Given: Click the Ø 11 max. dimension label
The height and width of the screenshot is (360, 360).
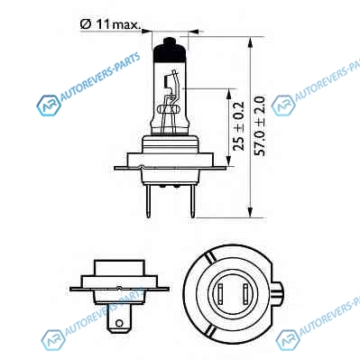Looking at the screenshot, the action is click(110, 24).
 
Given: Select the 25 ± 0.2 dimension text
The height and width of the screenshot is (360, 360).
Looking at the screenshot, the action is click(239, 126).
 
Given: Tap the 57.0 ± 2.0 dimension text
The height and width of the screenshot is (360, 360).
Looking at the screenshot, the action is click(260, 125).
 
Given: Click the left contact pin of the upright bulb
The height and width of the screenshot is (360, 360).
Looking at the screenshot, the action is click(148, 201).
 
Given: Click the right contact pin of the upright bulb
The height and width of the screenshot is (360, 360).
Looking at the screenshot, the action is click(192, 201).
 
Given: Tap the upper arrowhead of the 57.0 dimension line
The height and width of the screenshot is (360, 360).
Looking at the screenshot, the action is click(250, 42).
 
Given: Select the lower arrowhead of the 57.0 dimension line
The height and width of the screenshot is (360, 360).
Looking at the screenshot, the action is click(250, 211).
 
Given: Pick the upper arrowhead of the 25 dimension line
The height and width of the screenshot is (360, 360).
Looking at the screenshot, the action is click(229, 94).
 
